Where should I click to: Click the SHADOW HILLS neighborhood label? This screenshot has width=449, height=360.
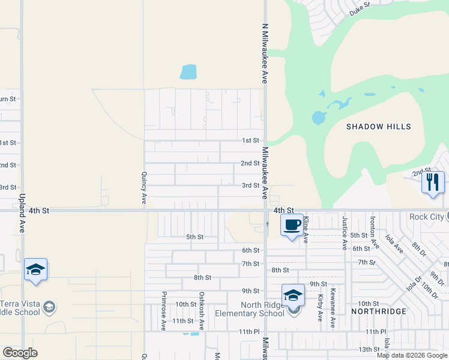[x=379, y=127]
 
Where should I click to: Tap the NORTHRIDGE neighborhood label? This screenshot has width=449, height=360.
[x=379, y=311]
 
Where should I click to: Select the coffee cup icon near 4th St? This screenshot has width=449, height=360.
[x=292, y=226]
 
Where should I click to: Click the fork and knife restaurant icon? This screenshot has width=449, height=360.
[x=433, y=182]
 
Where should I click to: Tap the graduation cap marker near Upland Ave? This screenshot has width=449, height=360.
[x=36, y=270]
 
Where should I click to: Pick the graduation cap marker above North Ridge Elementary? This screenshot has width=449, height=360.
[x=293, y=295]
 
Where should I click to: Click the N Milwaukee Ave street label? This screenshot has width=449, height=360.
[x=264, y=53]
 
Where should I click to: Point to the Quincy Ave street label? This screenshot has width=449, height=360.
[x=144, y=187]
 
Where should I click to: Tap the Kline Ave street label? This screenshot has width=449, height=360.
[x=306, y=230]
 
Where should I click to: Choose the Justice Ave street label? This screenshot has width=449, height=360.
[x=345, y=233]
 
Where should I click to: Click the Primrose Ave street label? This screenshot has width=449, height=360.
[x=163, y=311]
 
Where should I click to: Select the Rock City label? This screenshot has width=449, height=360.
[x=428, y=217]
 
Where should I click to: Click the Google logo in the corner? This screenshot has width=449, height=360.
[x=20, y=353]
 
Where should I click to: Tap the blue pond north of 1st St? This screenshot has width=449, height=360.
[x=188, y=72]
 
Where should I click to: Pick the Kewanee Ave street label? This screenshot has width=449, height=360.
[x=332, y=307]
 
